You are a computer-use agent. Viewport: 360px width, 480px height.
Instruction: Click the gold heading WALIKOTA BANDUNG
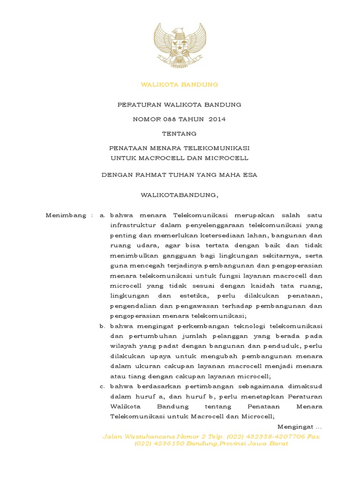tap(180, 85)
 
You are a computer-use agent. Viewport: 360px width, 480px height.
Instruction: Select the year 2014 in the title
tap(217, 119)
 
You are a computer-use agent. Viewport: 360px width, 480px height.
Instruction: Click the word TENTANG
tap(180, 134)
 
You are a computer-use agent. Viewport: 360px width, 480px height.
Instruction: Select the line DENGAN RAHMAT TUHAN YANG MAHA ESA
tap(180, 175)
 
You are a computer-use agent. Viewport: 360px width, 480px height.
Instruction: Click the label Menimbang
tap(66, 215)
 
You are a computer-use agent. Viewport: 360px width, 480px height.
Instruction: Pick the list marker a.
tap(102, 215)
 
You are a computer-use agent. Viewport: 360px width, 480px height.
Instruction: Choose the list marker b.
tap(102, 326)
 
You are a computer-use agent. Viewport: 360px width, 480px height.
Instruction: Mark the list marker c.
tap(102, 387)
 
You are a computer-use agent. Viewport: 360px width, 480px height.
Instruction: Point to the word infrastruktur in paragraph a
tap(132, 225)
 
